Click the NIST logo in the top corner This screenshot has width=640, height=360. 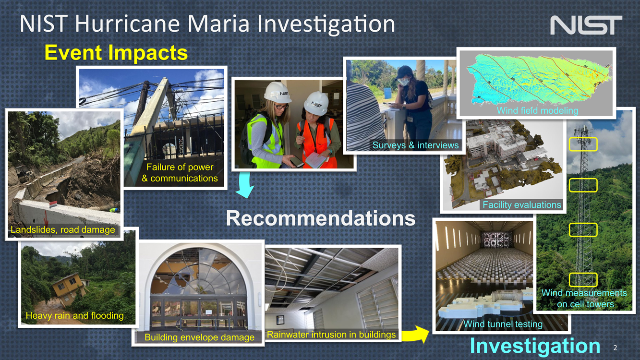586,25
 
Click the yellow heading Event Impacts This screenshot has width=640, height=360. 116,53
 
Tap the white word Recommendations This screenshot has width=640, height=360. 321,218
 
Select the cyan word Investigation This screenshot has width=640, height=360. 535,346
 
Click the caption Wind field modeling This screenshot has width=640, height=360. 537,110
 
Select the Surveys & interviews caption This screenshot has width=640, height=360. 415,145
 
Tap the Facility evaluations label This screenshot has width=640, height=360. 522,204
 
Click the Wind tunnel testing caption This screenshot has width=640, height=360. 503,324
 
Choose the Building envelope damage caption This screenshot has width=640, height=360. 199,337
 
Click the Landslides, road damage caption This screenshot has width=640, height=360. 63,229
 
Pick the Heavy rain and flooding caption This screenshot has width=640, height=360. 75,315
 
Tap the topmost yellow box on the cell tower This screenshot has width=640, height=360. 583,144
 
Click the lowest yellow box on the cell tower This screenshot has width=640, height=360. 583,280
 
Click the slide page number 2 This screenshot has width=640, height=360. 615,348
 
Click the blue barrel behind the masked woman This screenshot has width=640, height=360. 387,93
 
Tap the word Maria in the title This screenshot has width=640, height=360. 218,24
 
